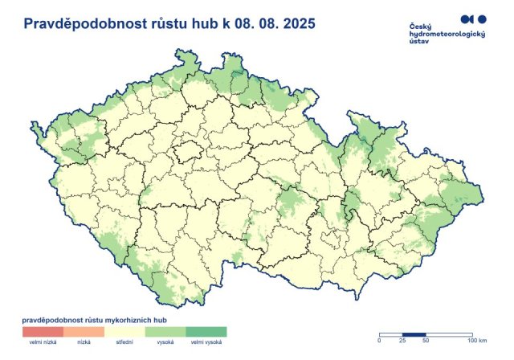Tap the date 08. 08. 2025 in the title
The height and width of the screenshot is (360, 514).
273,25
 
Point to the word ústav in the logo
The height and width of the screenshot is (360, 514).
419,45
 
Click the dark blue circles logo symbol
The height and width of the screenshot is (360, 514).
473,18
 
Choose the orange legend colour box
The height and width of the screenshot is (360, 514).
84,331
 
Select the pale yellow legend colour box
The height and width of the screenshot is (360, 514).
124,331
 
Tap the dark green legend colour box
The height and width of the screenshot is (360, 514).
206,331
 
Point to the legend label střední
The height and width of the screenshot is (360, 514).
124,343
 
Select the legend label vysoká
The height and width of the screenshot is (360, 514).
165,343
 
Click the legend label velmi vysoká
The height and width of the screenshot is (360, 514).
206,343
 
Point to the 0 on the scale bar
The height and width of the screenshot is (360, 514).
380,343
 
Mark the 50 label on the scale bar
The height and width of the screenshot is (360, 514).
424,343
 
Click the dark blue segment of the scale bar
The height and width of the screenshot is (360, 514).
413,335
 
